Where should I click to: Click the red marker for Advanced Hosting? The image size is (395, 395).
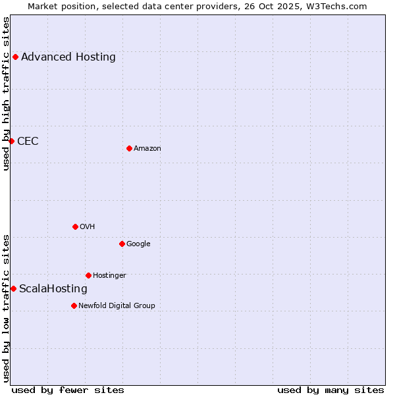pyautogui.click(x=15, y=57)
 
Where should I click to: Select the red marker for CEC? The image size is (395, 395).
pyautogui.click(x=11, y=141)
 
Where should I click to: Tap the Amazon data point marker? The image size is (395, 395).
pyautogui.click(x=129, y=148)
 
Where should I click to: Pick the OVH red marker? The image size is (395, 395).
pyautogui.click(x=75, y=226)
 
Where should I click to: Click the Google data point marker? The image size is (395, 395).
pyautogui.click(x=122, y=244)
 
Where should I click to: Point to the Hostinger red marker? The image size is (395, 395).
pyautogui.click(x=88, y=275)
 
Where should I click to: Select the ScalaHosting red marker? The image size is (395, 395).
pyautogui.click(x=13, y=288)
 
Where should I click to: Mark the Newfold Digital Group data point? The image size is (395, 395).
pyautogui.click(x=74, y=305)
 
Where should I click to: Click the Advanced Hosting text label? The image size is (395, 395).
pyautogui.click(x=68, y=57)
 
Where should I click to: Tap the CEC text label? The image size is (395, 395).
pyautogui.click(x=28, y=141)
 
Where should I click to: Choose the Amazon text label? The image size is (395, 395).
pyautogui.click(x=147, y=148)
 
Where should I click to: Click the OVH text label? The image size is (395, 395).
pyautogui.click(x=88, y=226)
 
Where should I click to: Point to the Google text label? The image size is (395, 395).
pyautogui.click(x=138, y=244)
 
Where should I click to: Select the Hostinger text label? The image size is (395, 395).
pyautogui.click(x=109, y=275)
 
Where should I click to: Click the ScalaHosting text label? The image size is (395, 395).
pyautogui.click(x=53, y=288)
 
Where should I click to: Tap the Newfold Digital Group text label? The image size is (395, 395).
pyautogui.click(x=117, y=305)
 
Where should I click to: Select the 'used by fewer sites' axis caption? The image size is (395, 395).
pyautogui.click(x=68, y=390)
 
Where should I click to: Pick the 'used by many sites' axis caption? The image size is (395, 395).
pyautogui.click(x=330, y=390)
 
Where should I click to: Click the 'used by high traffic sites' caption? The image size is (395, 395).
pyautogui.click(x=6, y=93)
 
